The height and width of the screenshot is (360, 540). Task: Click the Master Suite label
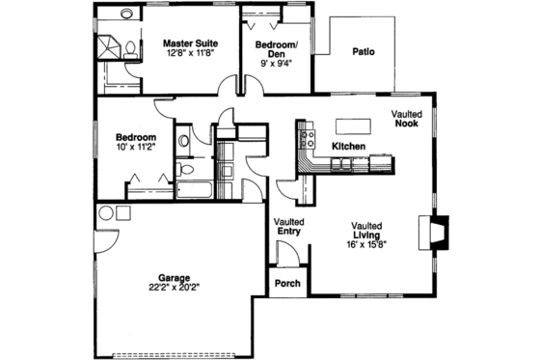[189, 42]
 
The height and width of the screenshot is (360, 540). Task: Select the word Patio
[364, 52]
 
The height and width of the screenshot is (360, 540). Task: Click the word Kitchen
[348, 146]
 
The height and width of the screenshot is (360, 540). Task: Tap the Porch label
[286, 285]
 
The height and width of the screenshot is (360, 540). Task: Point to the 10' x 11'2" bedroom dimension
[136, 149]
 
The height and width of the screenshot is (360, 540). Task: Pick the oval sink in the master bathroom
[127, 15]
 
